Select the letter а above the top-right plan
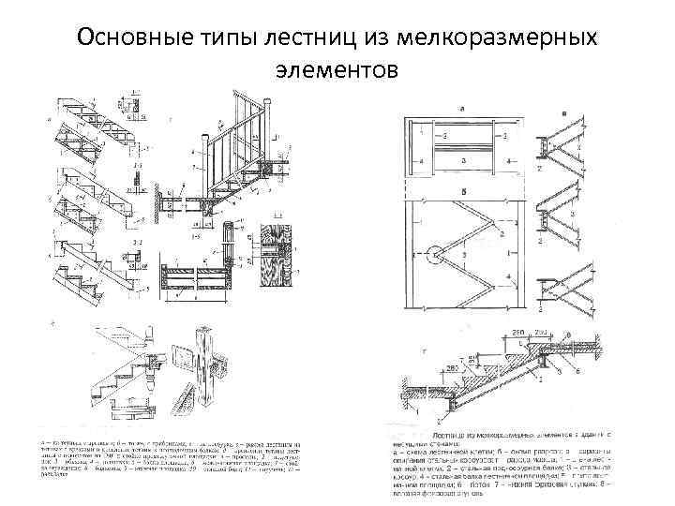(466, 110)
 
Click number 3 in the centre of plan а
(466, 136)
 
